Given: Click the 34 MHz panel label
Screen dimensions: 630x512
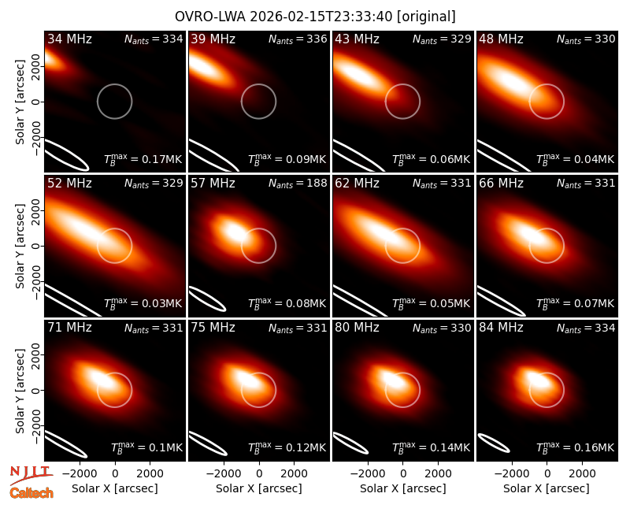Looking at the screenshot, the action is (69, 39).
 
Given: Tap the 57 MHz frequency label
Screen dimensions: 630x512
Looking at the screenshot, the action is (213, 184).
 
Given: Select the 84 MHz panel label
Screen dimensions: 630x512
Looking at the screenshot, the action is (501, 328).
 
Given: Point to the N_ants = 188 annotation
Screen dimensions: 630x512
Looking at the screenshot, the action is (298, 184).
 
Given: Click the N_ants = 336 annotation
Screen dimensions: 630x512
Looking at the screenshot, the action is (298, 39).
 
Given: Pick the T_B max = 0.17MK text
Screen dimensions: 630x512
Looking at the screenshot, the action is (143, 159).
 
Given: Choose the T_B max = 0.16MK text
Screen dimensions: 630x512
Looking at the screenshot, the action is (576, 447).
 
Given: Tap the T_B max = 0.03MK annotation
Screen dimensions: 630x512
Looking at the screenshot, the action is (143, 302).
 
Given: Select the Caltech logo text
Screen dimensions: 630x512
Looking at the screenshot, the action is (31, 493).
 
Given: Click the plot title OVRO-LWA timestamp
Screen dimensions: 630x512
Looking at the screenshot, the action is (315, 17).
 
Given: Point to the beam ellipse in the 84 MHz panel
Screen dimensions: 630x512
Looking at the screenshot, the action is (494, 443).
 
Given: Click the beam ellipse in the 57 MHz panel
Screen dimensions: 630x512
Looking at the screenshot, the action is (207, 299).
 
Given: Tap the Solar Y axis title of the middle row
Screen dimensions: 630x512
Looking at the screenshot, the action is (20, 246).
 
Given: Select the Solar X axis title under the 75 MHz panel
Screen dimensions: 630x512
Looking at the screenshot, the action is (259, 488).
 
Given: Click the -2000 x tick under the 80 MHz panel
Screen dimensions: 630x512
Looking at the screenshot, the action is (368, 473).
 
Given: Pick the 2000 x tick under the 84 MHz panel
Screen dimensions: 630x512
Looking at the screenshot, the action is (581, 473).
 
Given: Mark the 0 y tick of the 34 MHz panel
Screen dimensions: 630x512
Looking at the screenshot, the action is (36, 102).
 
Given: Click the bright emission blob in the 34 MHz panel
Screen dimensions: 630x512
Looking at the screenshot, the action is (53, 61).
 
